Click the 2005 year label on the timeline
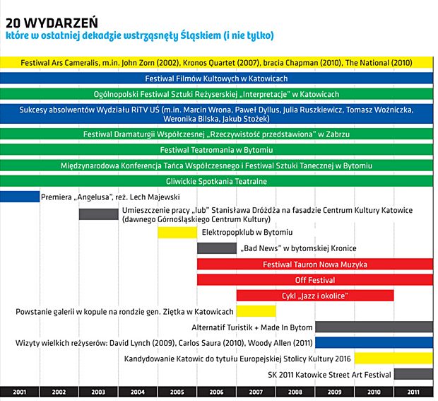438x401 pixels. click(177, 392)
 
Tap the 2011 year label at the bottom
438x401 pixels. click(413, 392)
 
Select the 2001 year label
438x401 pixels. click(19, 392)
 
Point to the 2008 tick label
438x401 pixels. click(295, 392)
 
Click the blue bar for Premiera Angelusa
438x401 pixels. click(20, 197)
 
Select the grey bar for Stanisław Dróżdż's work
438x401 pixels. click(99, 214)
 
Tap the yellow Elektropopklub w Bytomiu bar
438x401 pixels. click(177, 233)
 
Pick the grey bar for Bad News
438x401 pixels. click(217, 248)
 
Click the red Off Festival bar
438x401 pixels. click(315, 280)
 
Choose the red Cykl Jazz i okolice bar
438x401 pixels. click(315, 296)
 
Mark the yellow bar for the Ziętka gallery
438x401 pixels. click(256, 311)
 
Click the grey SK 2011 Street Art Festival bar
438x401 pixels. click(413, 374)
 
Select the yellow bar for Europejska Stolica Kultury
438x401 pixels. click(394, 359)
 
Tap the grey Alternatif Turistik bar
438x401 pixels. click(374, 327)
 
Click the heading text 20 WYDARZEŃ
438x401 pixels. click(52, 23)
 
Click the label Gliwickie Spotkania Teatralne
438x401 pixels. click(216, 182)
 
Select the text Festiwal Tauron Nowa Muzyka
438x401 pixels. click(315, 265)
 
